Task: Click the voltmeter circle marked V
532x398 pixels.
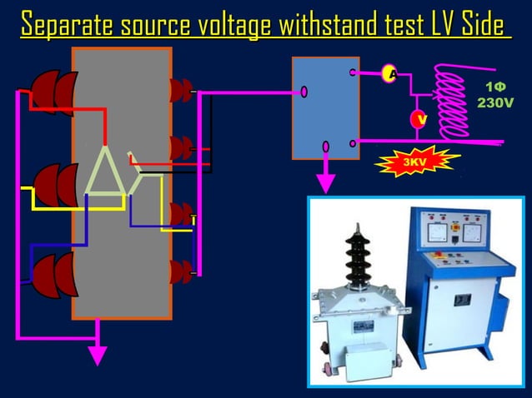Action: pyautogui.click(x=422, y=120)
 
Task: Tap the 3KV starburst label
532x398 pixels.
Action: pyautogui.click(x=413, y=160)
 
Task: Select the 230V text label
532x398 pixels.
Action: pyautogui.click(x=494, y=102)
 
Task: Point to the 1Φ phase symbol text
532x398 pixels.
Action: pyautogui.click(x=494, y=87)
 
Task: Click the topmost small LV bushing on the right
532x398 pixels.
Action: pyautogui.click(x=180, y=90)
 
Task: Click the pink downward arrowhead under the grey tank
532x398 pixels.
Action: pyautogui.click(x=98, y=354)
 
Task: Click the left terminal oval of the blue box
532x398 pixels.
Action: pyautogui.click(x=304, y=92)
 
